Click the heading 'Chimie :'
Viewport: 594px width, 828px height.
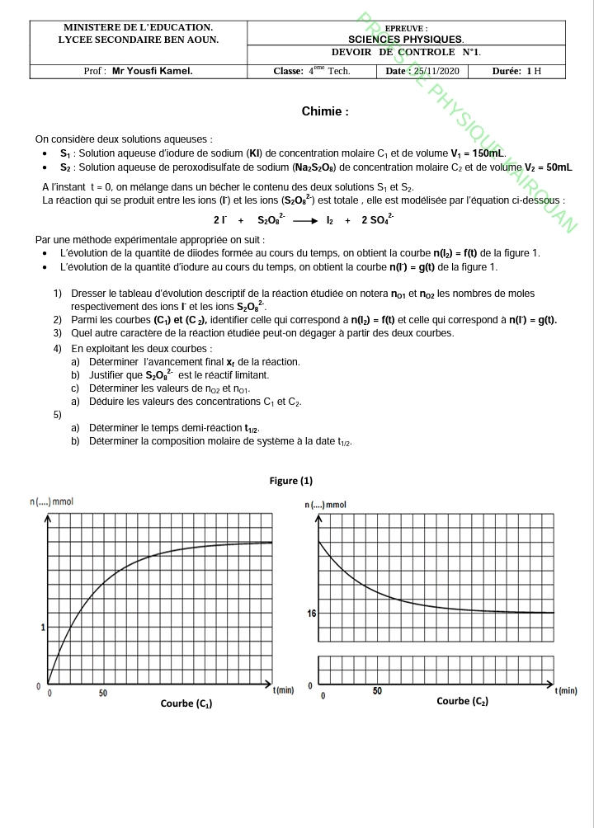(x=325, y=111)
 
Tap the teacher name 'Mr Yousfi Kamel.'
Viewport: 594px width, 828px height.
(x=153, y=71)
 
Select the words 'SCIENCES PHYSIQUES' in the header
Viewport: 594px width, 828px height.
(x=406, y=39)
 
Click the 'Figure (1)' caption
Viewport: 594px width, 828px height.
(x=291, y=481)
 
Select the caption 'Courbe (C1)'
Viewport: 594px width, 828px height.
(x=186, y=703)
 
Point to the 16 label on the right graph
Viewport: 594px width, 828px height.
(x=311, y=613)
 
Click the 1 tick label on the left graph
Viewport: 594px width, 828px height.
(x=43, y=628)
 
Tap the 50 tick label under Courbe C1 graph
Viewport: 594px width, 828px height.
(x=103, y=693)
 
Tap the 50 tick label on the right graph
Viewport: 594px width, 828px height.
(x=377, y=691)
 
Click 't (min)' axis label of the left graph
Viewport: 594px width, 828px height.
(x=283, y=689)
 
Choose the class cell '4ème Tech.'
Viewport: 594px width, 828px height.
(x=312, y=71)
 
